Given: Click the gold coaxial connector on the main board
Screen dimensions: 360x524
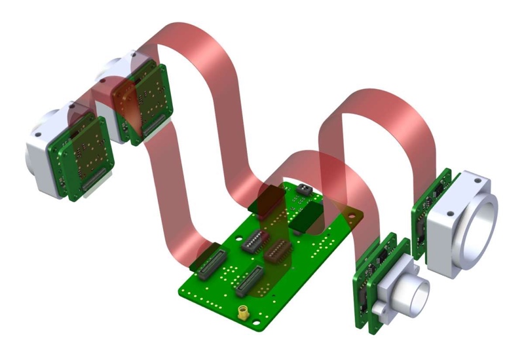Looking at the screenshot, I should click(244, 313).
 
